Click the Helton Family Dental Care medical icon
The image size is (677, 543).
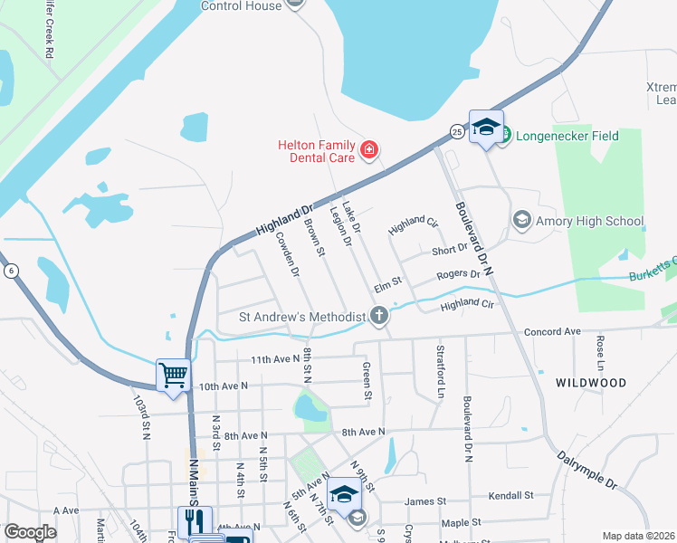tap(368, 150)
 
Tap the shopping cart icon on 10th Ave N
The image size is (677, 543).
tap(173, 374)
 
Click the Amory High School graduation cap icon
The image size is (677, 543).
tap(521, 220)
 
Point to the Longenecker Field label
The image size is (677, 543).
tap(567, 137)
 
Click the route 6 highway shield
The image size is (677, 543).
tap(10, 271)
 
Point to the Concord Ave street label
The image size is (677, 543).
tap(551, 332)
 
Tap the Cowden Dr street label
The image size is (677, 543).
tap(287, 254)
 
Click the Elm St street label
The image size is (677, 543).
tap(386, 285)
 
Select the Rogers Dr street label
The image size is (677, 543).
tap(458, 274)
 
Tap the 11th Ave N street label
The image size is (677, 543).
tap(274, 359)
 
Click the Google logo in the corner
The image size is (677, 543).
tap(30, 532)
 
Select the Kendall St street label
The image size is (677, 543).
tap(510, 497)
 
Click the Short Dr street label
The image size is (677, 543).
tap(450, 248)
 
